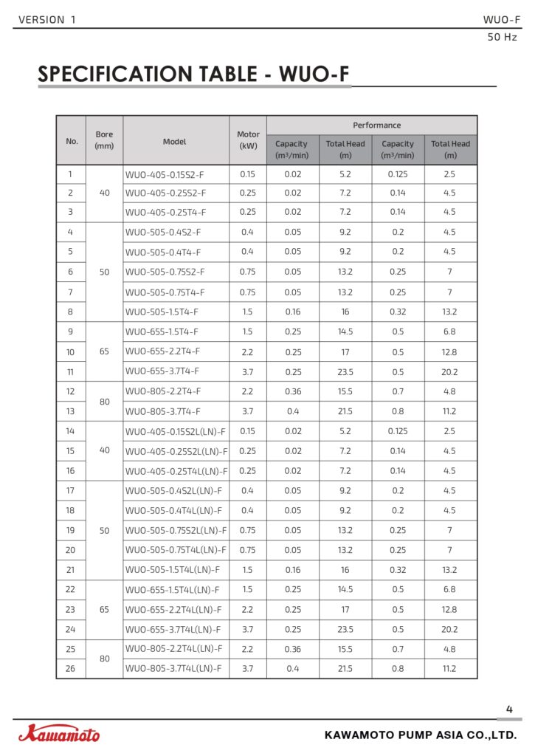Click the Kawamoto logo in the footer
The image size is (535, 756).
59,734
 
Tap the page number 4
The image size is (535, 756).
509,710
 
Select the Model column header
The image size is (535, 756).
175,141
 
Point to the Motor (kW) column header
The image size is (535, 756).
248,140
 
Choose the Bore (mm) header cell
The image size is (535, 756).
104,140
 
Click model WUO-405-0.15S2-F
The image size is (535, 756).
165,175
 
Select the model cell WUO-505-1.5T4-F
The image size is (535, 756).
162,312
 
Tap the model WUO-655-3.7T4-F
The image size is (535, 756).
162,371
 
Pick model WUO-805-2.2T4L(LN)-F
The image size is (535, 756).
173,649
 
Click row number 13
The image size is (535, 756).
71,411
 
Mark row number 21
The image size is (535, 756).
71,570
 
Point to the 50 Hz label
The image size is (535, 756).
503,37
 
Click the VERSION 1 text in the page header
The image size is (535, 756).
46,20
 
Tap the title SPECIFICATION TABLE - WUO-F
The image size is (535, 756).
193,75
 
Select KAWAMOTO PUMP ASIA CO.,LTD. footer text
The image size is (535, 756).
421,735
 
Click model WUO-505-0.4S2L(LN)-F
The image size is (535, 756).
173,490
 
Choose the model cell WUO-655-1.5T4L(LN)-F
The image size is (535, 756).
173,590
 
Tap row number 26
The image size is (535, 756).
71,669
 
